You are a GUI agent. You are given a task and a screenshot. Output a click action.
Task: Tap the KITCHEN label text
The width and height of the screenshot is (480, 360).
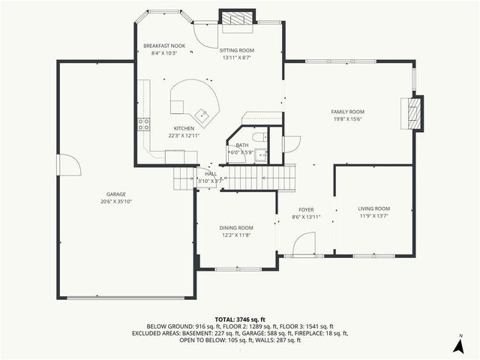coord(184,128)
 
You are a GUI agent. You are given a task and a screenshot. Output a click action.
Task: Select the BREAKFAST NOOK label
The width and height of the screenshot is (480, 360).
coord(164,46)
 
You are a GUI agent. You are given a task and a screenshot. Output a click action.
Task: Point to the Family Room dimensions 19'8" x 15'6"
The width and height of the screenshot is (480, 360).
coord(347,118)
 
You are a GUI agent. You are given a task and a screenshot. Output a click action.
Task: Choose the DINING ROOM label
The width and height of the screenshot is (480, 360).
coord(235,228)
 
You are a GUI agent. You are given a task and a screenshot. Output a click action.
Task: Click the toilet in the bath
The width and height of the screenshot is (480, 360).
coord(257,137)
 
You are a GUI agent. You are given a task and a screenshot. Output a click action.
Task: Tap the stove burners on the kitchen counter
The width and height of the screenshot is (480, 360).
coord(142,125)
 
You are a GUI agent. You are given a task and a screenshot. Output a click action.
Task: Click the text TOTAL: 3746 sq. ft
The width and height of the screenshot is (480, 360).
coord(239,319)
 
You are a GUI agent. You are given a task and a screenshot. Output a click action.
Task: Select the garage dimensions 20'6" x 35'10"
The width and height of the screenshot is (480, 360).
coord(115,202)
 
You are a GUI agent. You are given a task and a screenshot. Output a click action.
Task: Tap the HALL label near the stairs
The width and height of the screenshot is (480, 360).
coord(211,173)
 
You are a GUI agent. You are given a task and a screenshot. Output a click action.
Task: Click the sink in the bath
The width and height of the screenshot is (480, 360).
coord(261,155)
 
